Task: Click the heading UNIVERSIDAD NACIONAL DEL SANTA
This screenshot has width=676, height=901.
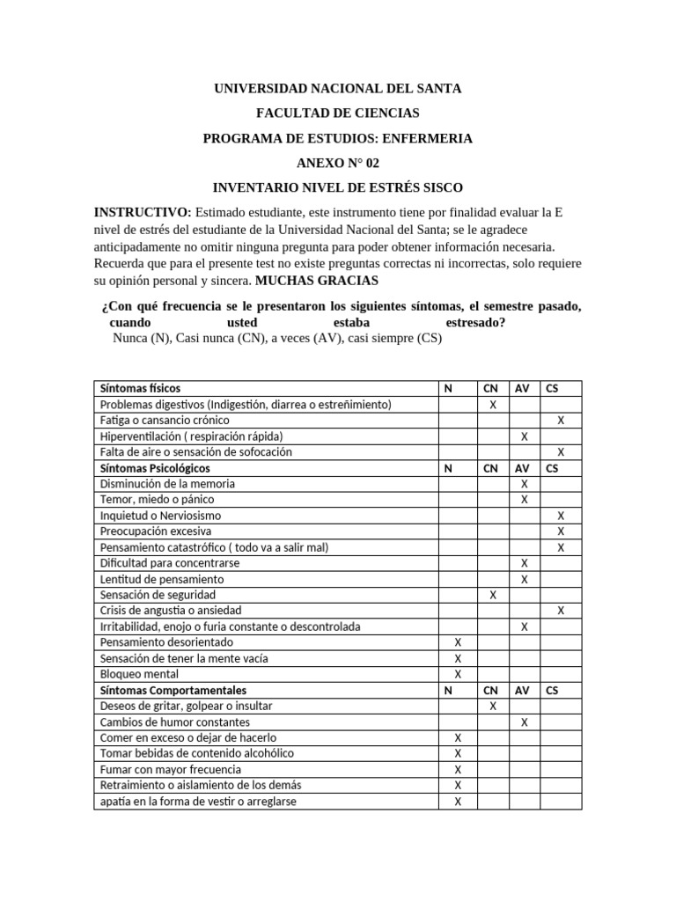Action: pos(338,89)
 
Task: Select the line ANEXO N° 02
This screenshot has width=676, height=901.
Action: pos(338,163)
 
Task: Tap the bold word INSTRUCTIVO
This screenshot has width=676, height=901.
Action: pos(142,213)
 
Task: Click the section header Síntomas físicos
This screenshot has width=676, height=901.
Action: pos(141,388)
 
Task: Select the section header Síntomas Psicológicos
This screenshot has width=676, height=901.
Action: pos(155,468)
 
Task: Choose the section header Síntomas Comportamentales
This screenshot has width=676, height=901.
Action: pos(173,691)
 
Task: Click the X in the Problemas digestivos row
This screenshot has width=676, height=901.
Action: pos(493,405)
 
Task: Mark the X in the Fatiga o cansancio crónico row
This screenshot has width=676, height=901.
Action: pos(561,421)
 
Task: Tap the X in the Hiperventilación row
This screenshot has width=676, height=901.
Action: pos(525,436)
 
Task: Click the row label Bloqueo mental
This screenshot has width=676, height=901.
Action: pos(140,674)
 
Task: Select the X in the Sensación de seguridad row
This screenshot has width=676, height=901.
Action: pos(493,595)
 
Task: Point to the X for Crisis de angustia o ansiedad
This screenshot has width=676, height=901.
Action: pos(561,611)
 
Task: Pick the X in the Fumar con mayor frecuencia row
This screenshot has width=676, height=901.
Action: pos(458,770)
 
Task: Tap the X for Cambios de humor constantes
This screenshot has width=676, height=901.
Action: pos(525,722)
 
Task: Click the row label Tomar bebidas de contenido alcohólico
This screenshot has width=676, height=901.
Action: pos(197,754)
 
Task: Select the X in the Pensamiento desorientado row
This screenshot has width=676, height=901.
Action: pos(458,642)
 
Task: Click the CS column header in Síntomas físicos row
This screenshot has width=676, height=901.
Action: pos(552,388)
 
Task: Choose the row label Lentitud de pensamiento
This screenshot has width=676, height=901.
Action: pos(162,579)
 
